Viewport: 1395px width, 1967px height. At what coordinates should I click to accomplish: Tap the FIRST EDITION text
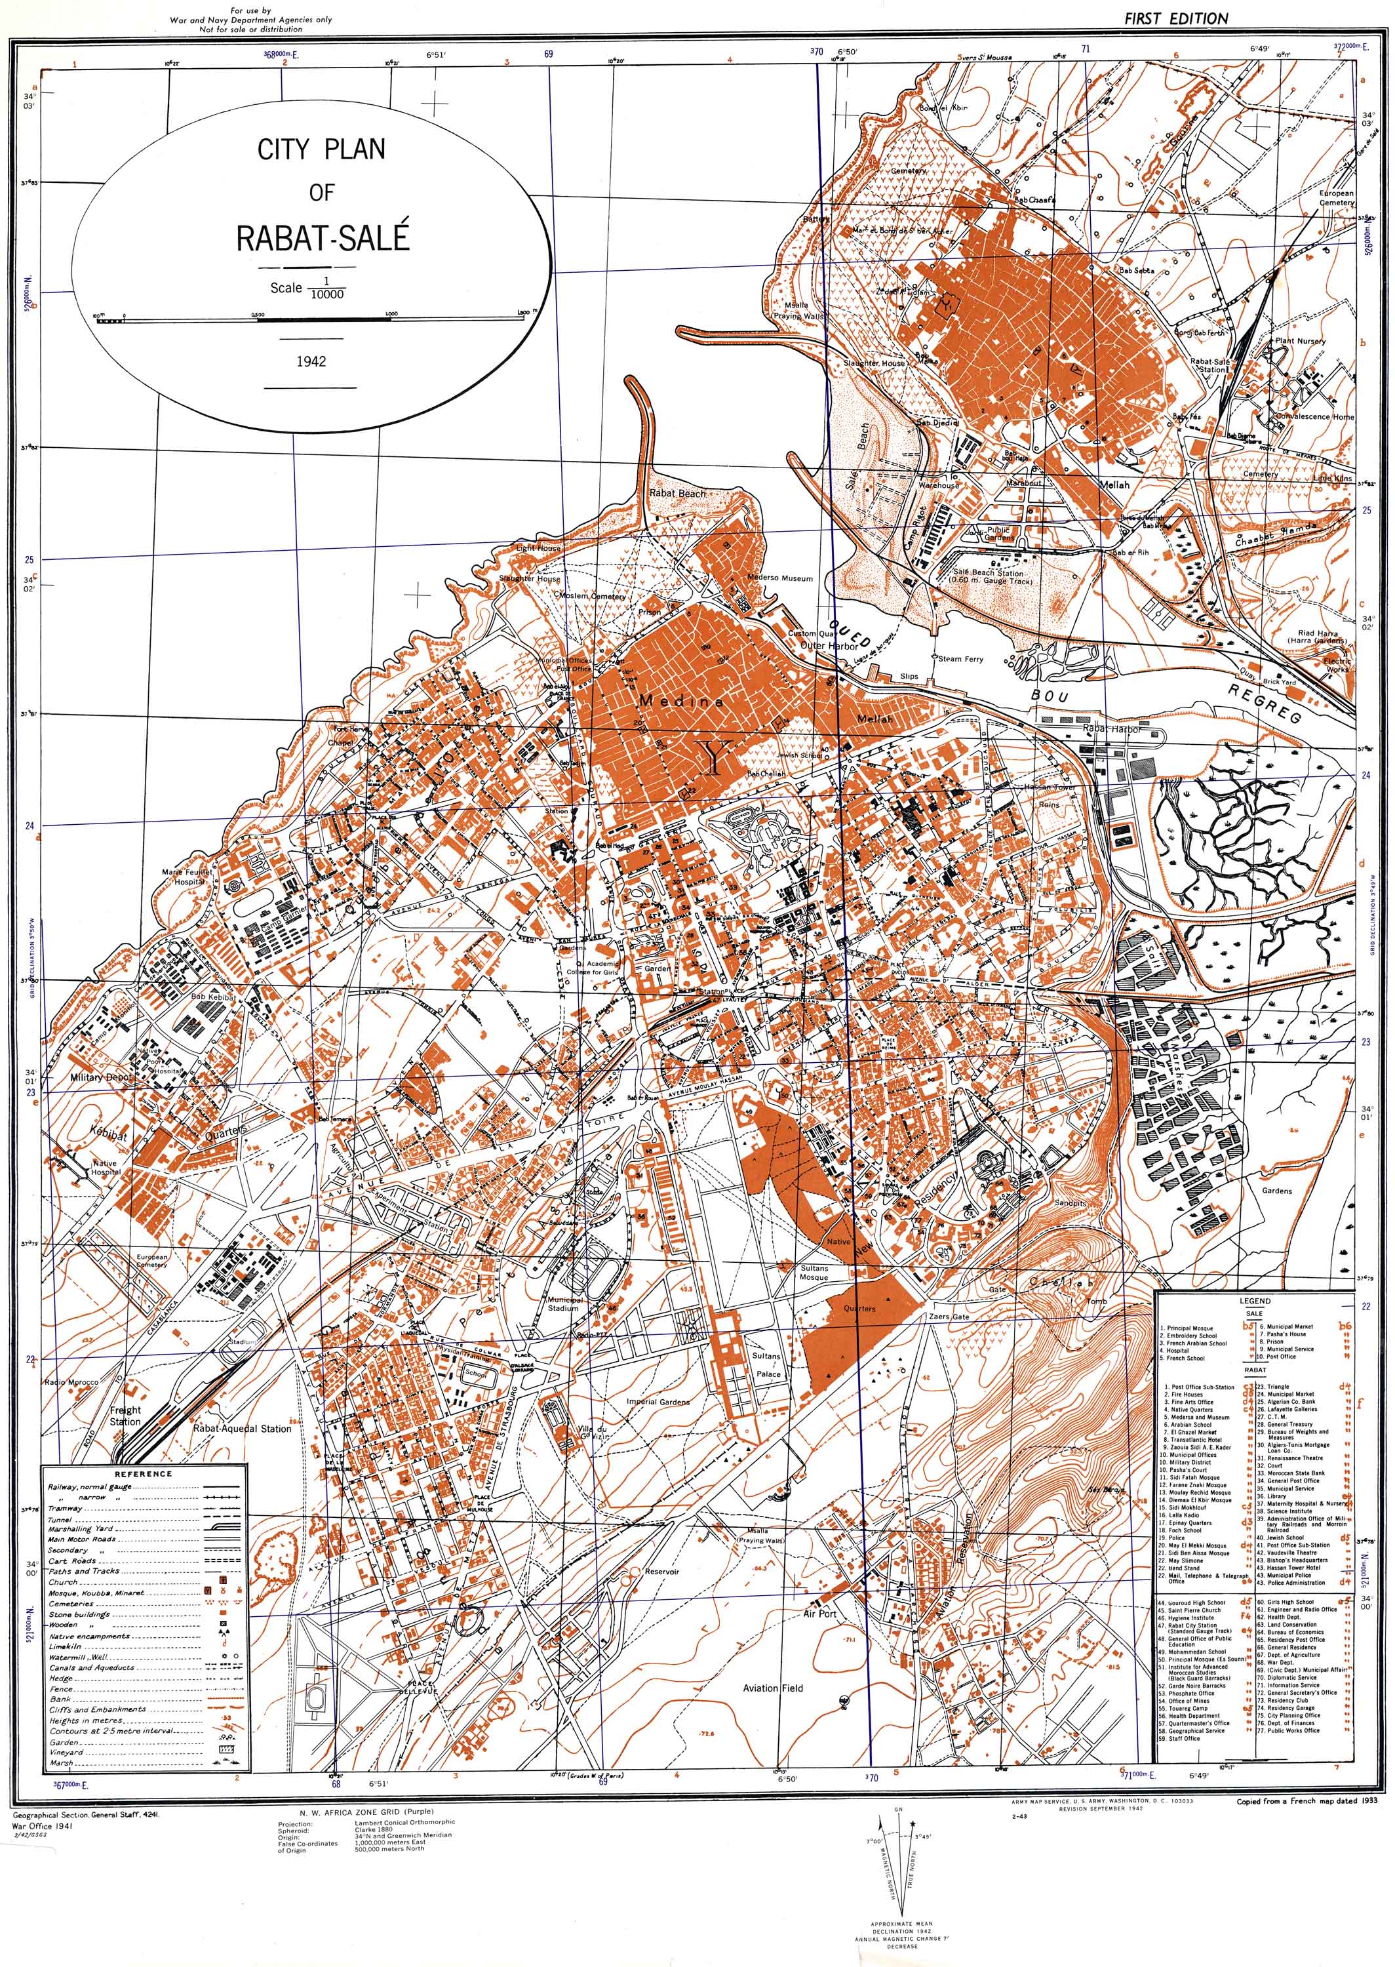point(1176,18)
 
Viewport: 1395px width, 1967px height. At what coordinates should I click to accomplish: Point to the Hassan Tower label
point(1050,787)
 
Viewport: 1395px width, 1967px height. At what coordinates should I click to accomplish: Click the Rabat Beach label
point(677,493)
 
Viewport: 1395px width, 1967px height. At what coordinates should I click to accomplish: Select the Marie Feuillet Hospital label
point(187,876)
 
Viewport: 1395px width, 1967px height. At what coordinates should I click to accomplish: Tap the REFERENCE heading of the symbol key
point(144,1473)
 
